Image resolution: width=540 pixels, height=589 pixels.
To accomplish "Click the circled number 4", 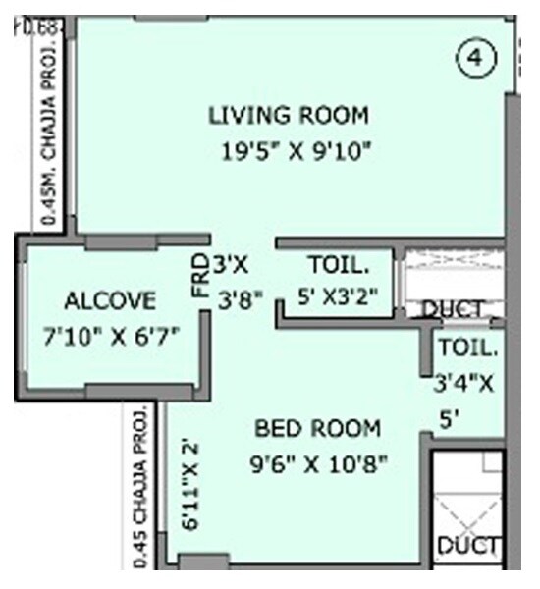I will [475, 60].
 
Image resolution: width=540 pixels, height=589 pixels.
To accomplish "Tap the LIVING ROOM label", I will [289, 115].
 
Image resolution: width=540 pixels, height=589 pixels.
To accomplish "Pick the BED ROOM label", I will [317, 428].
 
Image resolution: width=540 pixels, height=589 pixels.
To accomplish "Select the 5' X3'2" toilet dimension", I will [339, 294].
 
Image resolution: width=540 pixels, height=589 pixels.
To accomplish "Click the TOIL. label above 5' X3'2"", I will [339, 265].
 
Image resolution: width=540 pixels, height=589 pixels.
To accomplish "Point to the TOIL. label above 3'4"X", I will [468, 348].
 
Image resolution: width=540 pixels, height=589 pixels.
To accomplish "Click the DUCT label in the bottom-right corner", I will [468, 546].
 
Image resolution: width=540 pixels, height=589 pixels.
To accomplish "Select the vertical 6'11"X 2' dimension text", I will [189, 487].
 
